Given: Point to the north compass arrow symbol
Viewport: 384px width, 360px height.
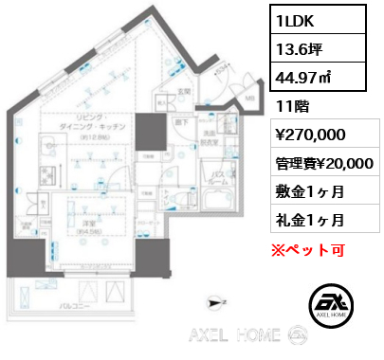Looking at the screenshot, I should coord(217,301).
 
